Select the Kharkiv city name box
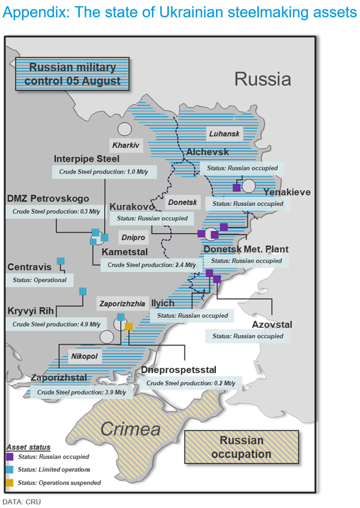126,145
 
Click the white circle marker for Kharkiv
125,130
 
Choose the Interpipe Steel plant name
86,158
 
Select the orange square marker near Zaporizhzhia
129,327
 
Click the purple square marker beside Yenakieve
236,188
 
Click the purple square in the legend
10,456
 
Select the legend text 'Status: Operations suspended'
59,483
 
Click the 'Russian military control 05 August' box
73,74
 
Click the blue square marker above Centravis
60,261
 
